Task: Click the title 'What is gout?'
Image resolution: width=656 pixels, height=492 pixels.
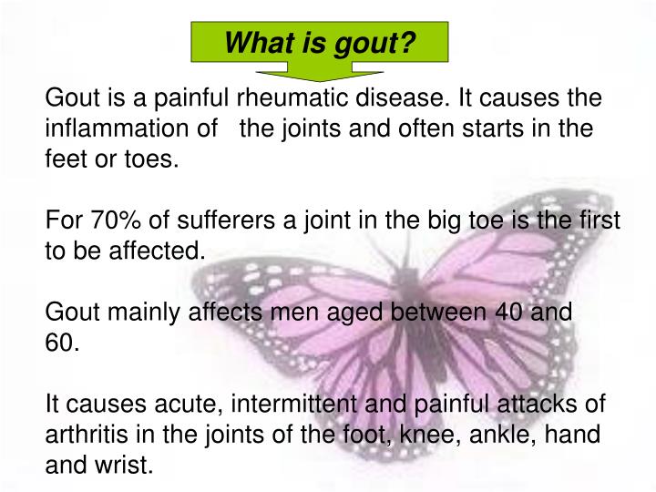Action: coord(320,42)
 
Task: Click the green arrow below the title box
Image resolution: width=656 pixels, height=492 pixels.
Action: coord(320,72)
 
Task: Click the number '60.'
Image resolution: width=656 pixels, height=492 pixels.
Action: coord(63,343)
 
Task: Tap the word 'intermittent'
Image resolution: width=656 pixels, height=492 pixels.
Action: coord(308,405)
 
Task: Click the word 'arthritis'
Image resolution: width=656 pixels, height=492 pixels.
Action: coord(81,435)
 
